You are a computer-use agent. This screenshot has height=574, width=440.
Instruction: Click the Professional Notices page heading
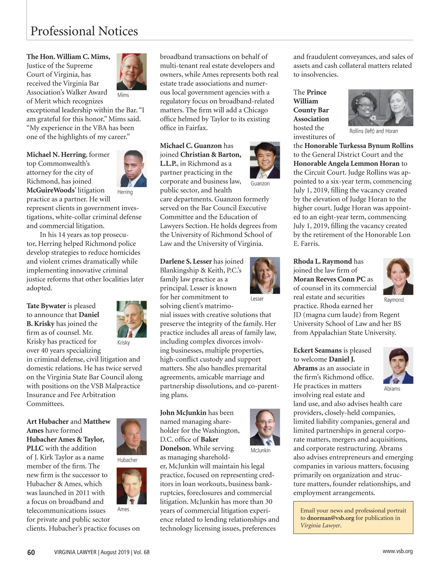84,31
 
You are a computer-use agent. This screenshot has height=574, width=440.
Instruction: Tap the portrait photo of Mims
131,72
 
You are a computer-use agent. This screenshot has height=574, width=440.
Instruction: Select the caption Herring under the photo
125,192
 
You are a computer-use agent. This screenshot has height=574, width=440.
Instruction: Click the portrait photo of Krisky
131,319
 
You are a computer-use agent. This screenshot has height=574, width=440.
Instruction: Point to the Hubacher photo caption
127,460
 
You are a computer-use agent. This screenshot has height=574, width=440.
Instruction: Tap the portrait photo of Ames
131,486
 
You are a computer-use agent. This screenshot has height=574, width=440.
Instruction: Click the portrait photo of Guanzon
264,160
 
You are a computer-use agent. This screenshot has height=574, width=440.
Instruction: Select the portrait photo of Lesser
264,275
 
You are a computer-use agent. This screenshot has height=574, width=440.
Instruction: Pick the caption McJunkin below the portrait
260,450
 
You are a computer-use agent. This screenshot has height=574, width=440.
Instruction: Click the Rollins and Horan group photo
380,108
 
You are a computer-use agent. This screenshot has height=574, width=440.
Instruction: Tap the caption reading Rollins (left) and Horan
373,131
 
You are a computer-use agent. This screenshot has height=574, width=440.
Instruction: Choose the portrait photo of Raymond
398,276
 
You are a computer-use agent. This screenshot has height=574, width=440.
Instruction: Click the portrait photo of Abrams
398,365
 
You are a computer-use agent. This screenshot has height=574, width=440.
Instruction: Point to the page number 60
31,552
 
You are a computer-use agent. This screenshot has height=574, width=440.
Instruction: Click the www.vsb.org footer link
397,551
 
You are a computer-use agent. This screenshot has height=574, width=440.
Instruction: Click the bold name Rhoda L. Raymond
322,261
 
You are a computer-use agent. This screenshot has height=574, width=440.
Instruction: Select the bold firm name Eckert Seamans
318,350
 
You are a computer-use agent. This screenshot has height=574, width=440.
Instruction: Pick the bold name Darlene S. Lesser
186,261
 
